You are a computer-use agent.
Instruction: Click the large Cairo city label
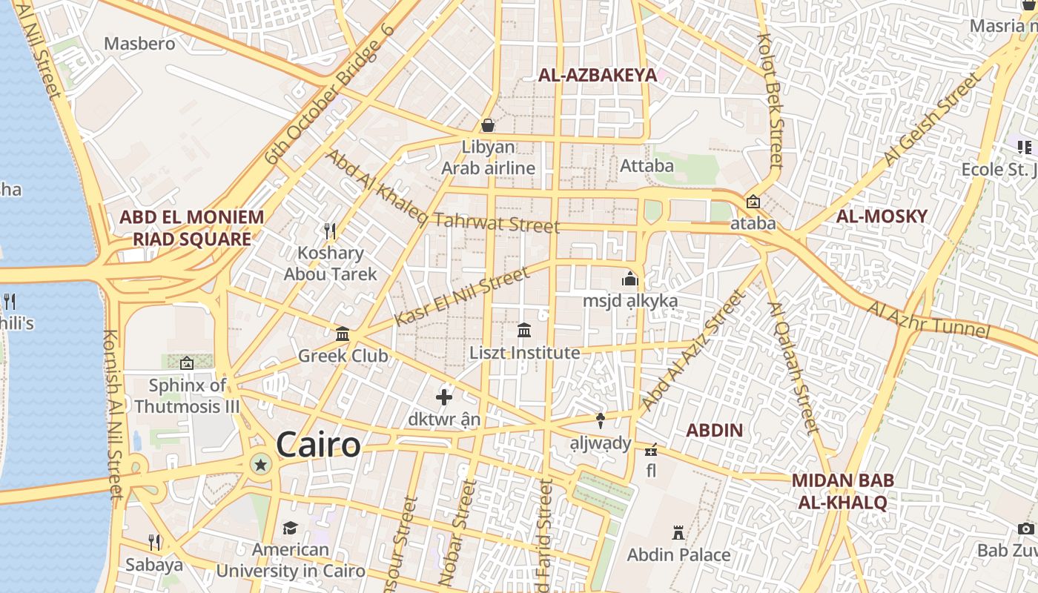pos(318,445)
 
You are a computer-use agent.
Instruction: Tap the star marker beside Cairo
pos(260,466)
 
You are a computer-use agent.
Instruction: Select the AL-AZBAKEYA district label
pos(597,75)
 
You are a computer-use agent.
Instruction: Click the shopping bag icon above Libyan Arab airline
pos(488,125)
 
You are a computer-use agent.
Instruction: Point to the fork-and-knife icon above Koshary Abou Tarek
pos(331,231)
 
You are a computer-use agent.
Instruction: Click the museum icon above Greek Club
pos(343,334)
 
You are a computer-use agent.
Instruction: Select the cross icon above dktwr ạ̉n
pos(444,397)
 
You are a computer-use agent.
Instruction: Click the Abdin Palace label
pos(678,554)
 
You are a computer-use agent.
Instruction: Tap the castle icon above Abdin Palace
pos(678,533)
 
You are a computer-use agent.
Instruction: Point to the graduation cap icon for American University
pos(290,528)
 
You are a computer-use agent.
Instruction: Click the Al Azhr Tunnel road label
pos(928,319)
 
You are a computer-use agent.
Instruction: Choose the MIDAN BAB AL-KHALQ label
pos(842,491)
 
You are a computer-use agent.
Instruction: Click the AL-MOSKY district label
pos(882,216)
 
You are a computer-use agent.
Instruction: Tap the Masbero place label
pos(139,43)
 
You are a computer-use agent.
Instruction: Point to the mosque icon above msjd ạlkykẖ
pos(630,279)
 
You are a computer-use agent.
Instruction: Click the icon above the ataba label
pos(753,201)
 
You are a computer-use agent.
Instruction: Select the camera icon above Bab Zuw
pos(1026,529)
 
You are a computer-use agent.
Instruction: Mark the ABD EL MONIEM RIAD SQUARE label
pos(191,228)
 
